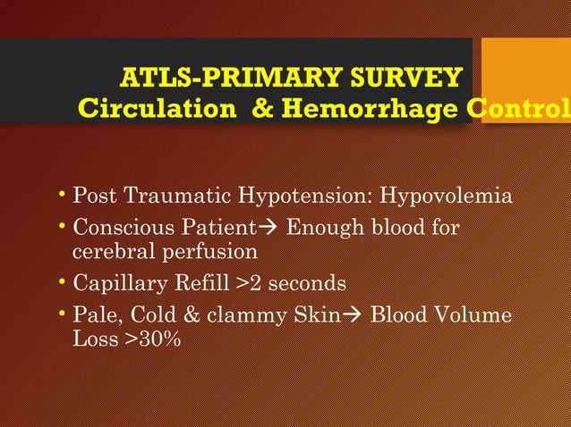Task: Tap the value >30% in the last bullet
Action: [x=152, y=339]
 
